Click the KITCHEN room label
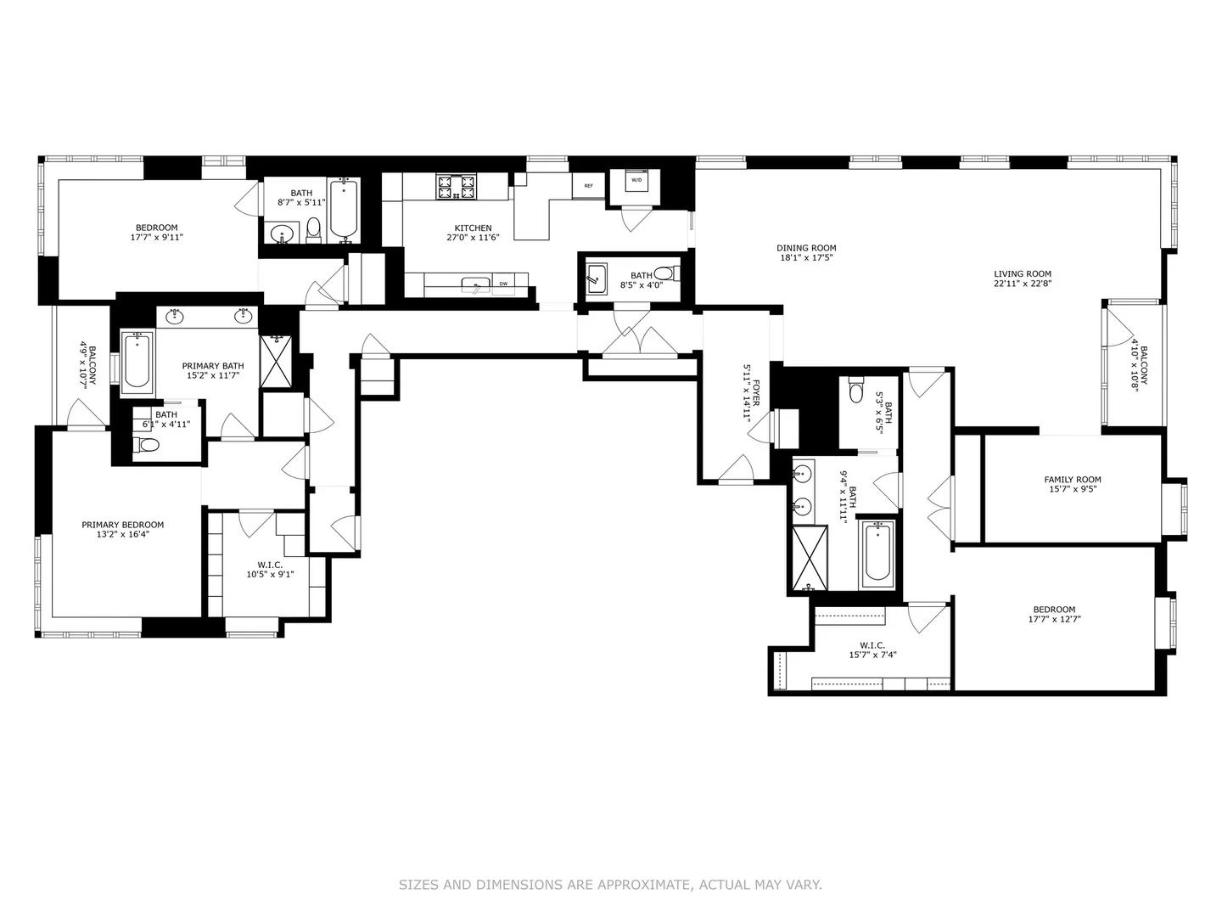[473, 228]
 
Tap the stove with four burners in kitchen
[457, 187]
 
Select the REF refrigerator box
[588, 186]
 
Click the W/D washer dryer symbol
[636, 180]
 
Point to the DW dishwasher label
[503, 284]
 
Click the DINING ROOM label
[806, 248]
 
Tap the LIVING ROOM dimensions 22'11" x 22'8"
[1023, 284]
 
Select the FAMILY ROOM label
[1073, 480]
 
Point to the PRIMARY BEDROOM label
[122, 525]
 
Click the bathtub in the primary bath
[137, 362]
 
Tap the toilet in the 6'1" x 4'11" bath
[147, 445]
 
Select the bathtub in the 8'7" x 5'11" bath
[344, 210]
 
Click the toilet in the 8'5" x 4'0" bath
[666, 273]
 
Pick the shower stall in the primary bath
[276, 361]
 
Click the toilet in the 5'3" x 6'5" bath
[856, 390]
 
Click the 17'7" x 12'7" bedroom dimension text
[1054, 619]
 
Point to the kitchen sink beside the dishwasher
[476, 286]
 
